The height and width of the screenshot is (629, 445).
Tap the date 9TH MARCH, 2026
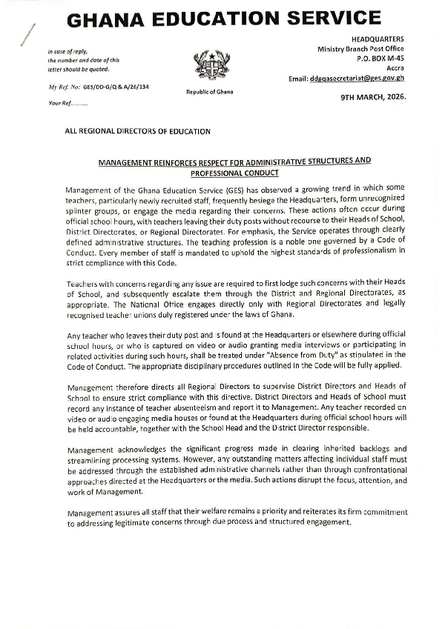(x=373, y=97)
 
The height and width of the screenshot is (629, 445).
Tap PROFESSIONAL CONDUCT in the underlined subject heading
(x=234, y=173)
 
